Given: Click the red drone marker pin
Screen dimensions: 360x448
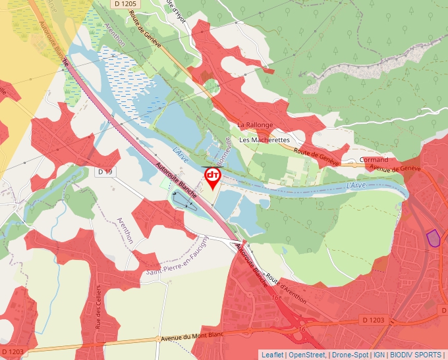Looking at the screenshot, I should point(213,176).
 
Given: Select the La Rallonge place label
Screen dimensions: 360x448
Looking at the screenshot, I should point(255,125).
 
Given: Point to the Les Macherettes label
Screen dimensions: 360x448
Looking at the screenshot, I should point(264,140).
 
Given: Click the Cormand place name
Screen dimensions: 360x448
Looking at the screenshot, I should point(374,160).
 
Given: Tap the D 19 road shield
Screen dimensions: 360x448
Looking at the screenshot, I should point(105,172).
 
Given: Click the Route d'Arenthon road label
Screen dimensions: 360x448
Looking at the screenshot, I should point(287,288).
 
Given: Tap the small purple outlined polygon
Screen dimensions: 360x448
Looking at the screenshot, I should point(433,238).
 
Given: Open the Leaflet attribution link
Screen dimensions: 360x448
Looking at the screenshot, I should point(272,355).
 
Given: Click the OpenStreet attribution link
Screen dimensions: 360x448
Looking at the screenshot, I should point(307,355).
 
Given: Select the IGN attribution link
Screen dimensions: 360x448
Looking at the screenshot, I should point(379,355).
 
